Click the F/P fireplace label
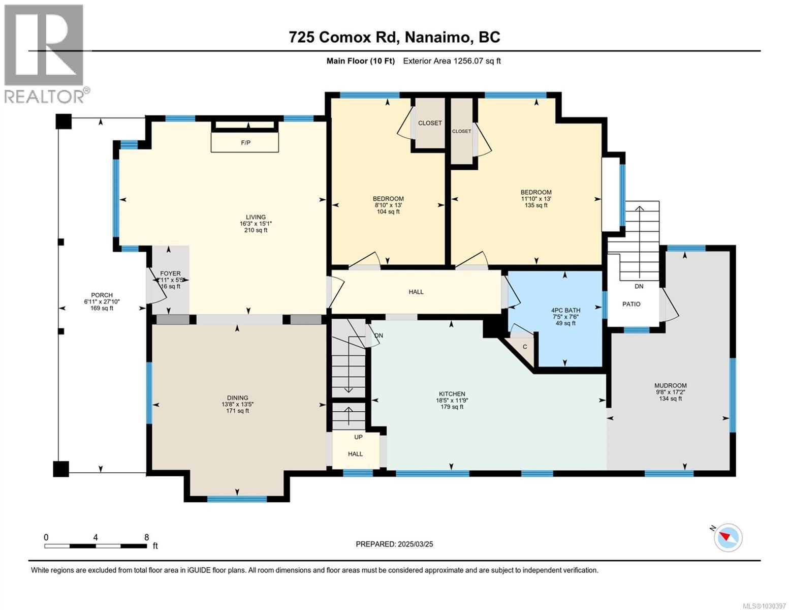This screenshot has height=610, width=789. (x=245, y=143)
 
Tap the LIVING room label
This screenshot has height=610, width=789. (x=256, y=217)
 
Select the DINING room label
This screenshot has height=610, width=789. (x=237, y=398)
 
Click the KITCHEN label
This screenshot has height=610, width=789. (x=452, y=394)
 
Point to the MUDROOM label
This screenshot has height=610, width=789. (x=670, y=386)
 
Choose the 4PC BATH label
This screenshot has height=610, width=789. (x=565, y=310)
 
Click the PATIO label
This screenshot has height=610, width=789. (x=632, y=304)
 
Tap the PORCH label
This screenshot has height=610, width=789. (x=102, y=295)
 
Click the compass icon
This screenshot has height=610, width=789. (x=728, y=537)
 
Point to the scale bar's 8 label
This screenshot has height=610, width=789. (x=146, y=537)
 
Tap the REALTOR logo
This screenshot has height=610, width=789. (x=45, y=53)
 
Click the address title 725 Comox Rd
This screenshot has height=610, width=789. (x=394, y=37)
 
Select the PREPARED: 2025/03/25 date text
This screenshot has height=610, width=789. (x=394, y=544)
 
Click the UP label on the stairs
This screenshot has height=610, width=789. (x=358, y=437)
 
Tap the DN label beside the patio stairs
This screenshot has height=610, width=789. (x=639, y=286)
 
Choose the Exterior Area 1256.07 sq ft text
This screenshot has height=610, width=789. (x=452, y=61)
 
